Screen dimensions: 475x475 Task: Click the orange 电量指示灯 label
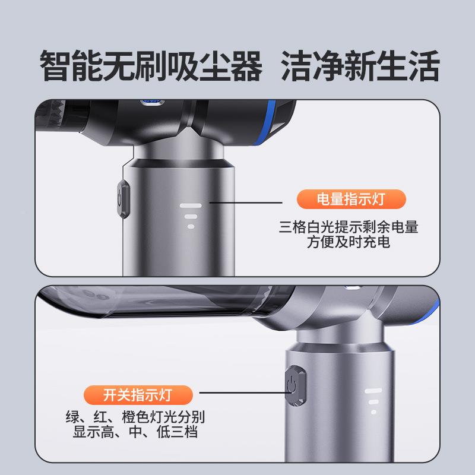point(350,199)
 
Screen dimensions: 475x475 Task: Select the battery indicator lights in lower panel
point(373,401)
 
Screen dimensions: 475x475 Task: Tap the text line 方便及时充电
point(349,242)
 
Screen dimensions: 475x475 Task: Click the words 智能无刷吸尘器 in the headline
point(151,66)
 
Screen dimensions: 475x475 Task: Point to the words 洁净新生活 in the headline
point(360,66)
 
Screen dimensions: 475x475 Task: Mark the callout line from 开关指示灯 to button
point(240,392)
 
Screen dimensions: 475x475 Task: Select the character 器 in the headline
point(243,66)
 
